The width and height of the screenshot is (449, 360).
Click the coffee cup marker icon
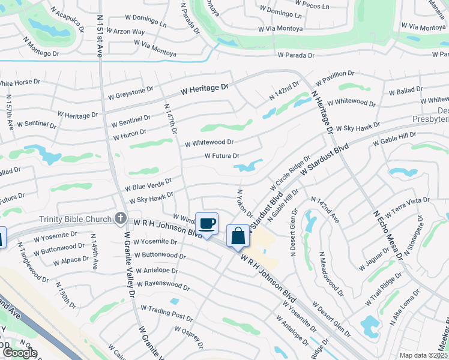[x=206, y=224]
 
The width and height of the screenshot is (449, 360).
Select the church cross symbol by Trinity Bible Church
[x=121, y=218]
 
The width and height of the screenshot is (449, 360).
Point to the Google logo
[x=19, y=353]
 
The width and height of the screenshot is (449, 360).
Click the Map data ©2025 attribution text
[x=423, y=355]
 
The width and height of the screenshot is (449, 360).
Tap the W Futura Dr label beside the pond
[x=222, y=155]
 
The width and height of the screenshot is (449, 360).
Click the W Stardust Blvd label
[x=324, y=158]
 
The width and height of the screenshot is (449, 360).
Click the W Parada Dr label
[x=296, y=55]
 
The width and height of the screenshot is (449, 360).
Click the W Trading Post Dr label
[x=166, y=313]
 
